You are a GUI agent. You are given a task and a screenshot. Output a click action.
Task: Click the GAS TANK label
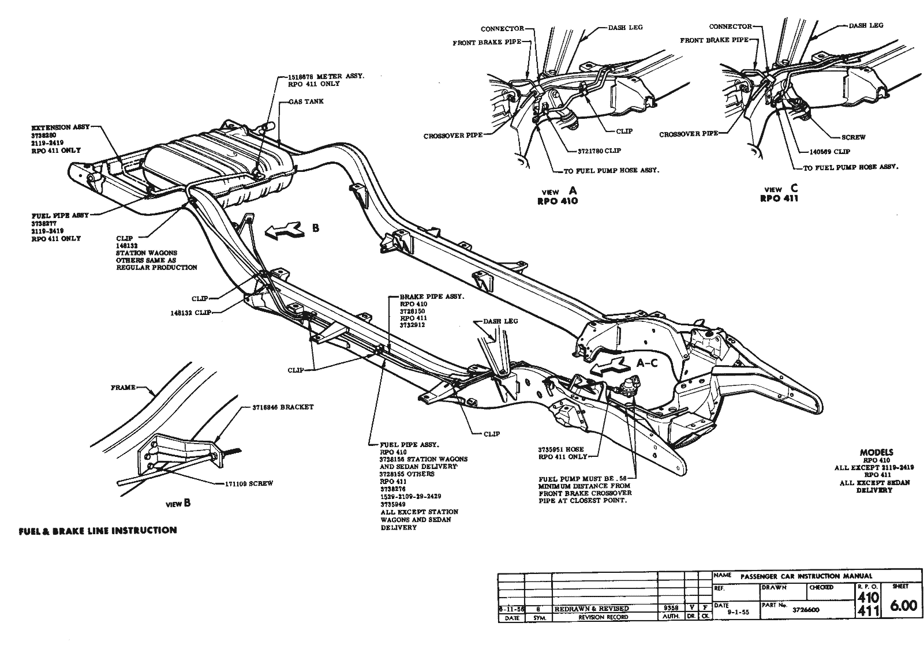(x=308, y=102)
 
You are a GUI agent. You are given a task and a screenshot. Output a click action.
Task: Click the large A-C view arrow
(x=609, y=365)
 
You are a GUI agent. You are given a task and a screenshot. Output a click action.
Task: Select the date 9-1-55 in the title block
(x=738, y=613)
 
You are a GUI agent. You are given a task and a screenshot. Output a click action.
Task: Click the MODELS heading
(x=876, y=452)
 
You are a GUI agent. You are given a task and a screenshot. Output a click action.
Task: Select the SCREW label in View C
(x=853, y=137)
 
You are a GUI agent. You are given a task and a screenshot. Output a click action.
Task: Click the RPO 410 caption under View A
(x=557, y=201)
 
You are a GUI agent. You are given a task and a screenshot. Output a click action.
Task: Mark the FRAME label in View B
(x=122, y=388)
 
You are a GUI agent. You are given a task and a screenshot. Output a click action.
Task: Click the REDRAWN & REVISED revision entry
(x=591, y=609)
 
